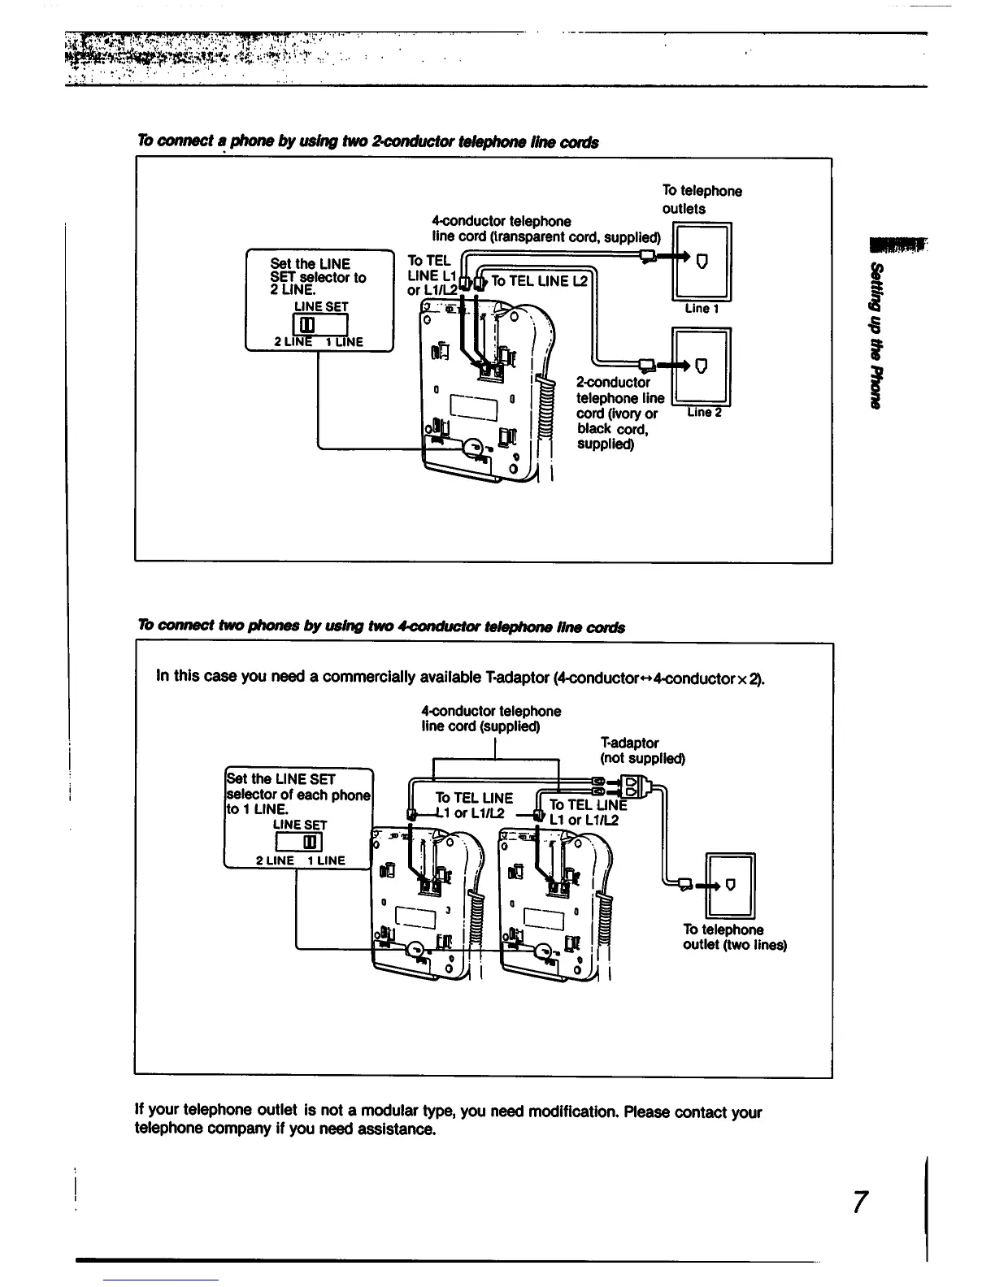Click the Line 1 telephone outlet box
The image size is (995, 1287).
coord(703,262)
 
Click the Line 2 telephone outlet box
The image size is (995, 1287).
coord(703,366)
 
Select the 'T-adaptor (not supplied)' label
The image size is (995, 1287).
coord(642,751)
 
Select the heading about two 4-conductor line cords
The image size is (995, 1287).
coord(381,626)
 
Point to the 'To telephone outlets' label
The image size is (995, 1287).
coord(701,199)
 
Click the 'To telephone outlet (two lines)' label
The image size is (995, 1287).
coord(734,937)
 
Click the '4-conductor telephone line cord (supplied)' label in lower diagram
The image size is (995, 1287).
coord(490,718)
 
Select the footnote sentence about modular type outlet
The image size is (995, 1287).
coord(448,1120)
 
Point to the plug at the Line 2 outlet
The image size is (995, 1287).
coord(649,363)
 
